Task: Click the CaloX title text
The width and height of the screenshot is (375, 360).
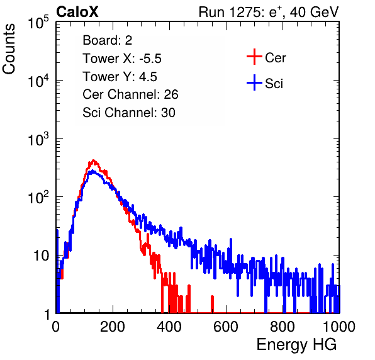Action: pos(77,12)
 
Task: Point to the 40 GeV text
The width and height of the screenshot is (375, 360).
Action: pos(314,12)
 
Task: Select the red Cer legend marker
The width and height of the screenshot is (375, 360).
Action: pos(254,57)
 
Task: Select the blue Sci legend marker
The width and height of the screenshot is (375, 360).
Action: pos(254,82)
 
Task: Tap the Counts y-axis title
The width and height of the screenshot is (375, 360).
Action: pos(9,49)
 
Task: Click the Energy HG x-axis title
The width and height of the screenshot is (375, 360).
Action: pos(296,344)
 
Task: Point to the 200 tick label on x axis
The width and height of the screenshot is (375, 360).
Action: pos(113,327)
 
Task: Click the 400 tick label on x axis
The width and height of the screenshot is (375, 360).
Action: pos(169,327)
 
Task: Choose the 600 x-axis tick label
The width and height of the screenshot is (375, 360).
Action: pos(226,327)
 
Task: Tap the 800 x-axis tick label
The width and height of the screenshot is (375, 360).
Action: pos(283,327)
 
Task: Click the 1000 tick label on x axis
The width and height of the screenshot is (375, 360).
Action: pos(339,327)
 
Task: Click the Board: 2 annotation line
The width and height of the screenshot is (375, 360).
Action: pos(108,40)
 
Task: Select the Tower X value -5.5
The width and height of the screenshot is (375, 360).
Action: pos(150,59)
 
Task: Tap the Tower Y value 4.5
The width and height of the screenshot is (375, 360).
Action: pos(148,77)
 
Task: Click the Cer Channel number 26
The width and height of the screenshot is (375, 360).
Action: pos(171,94)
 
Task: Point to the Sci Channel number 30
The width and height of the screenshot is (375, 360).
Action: pos(168,113)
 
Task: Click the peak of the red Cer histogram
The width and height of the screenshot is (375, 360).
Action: pos(94,160)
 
